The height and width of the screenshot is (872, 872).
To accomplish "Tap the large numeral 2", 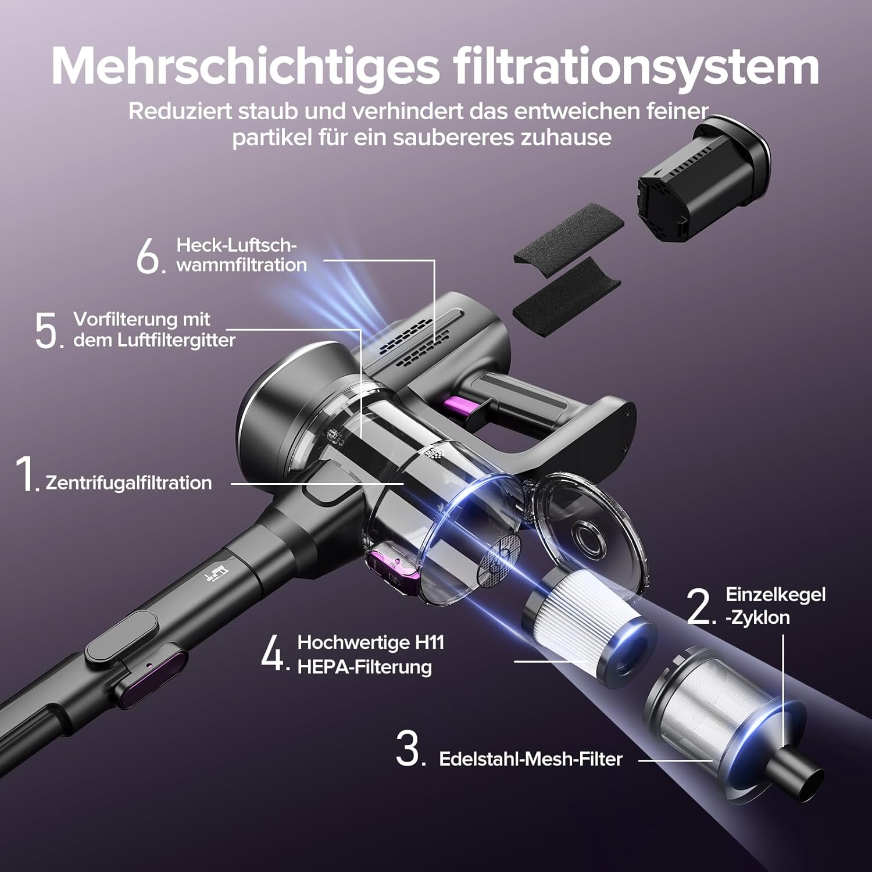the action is [x=699, y=606].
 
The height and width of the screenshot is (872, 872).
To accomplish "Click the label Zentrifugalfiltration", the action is [x=128, y=483].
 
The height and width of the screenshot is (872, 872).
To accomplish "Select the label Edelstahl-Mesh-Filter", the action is [x=531, y=759].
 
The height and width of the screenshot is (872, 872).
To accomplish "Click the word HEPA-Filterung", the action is [x=364, y=667].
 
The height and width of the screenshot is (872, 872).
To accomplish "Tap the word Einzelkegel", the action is [x=775, y=595].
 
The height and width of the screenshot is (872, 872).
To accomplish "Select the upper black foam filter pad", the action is [x=569, y=228].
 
